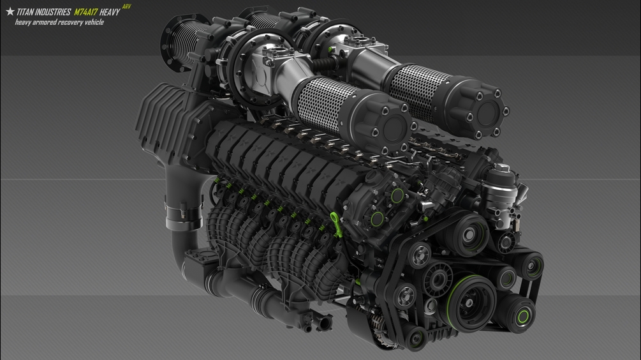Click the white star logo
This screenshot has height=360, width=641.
click(x=10, y=12)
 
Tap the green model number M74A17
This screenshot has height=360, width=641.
click(x=86, y=12)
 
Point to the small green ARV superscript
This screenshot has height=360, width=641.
click(x=127, y=6)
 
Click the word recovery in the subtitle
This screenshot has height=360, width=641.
click(x=70, y=22)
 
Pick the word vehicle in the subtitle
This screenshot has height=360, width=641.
click(x=94, y=22)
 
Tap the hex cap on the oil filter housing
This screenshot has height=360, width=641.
click(x=502, y=168)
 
